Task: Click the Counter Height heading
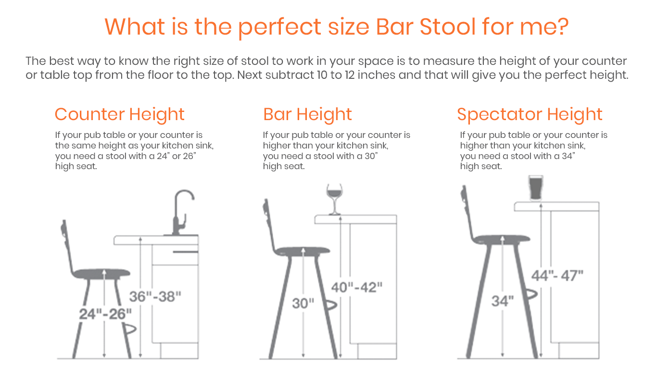click(119, 114)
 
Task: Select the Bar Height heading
click(307, 114)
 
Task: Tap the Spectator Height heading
click(530, 114)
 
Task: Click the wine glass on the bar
click(334, 199)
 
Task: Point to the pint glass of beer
click(536, 188)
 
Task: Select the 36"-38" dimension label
click(155, 296)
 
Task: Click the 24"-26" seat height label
click(105, 314)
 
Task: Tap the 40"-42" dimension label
click(357, 287)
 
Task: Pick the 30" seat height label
click(303, 303)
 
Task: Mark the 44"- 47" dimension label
click(557, 276)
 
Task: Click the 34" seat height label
click(503, 301)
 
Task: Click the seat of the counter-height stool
click(101, 273)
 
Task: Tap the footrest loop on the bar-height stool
click(330, 305)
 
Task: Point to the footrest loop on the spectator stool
click(531, 294)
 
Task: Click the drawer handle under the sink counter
click(186, 252)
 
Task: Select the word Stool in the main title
click(448, 27)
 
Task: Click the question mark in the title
click(561, 27)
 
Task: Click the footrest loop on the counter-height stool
click(130, 329)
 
